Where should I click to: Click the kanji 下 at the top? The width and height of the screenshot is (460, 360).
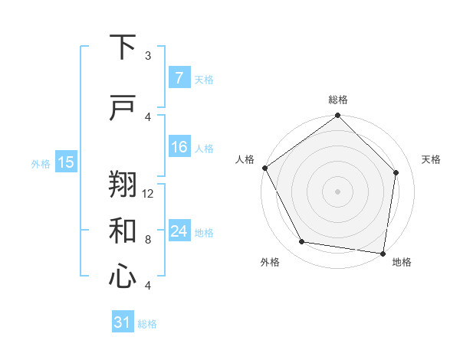pos(123,47)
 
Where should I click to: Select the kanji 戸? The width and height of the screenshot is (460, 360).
pos(123,108)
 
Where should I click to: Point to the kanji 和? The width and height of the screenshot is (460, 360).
pos(123,231)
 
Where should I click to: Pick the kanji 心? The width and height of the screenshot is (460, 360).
pos(123,277)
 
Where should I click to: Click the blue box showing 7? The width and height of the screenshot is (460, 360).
pos(179,78)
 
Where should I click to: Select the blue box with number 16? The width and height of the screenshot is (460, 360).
pos(179,147)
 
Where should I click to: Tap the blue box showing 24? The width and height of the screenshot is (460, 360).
pos(179,231)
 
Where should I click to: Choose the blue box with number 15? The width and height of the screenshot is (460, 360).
pos(66,162)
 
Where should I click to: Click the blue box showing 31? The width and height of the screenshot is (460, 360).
pos(123,322)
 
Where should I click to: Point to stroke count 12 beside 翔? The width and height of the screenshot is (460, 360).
pos(149,194)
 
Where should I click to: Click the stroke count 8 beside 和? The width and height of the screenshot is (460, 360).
pos(148,240)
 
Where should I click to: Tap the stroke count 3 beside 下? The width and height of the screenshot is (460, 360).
pos(148,56)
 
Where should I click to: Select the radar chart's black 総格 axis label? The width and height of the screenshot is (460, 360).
pos(337,100)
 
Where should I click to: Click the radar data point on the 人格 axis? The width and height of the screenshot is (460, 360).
pos(264,168)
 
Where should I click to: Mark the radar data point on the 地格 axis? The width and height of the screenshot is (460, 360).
pos(383,253)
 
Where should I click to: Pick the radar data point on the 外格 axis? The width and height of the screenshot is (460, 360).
pos(302,242)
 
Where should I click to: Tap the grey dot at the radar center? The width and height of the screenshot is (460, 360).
pos(337,191)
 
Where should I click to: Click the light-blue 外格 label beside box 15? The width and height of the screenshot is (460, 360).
pos(41,163)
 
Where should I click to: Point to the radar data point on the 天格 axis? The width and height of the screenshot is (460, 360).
pos(396,172)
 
